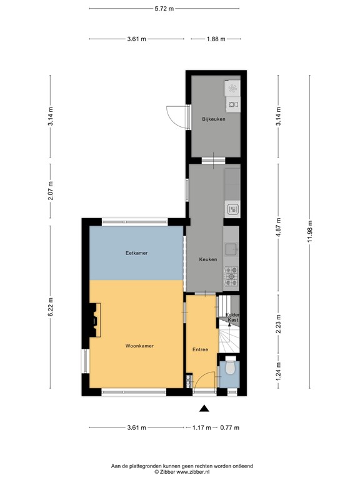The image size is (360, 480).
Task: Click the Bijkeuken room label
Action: click(x=213, y=119)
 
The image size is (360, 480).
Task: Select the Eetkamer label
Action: click(x=136, y=253)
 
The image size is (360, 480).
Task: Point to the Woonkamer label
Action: click(x=139, y=346)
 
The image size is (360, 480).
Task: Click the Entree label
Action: click(x=201, y=349)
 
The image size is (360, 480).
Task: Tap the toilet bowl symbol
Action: click(x=230, y=368)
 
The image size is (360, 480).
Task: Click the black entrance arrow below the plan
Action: click(x=204, y=409)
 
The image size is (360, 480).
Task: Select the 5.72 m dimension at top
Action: click(x=164, y=9)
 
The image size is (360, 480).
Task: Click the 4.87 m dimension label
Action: click(x=279, y=228)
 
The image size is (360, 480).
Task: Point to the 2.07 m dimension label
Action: click(x=51, y=187)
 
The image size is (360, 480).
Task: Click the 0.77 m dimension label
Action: click(x=229, y=428)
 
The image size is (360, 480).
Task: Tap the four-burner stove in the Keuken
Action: click(x=231, y=272)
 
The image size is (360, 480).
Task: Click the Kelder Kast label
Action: click(x=232, y=317)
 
